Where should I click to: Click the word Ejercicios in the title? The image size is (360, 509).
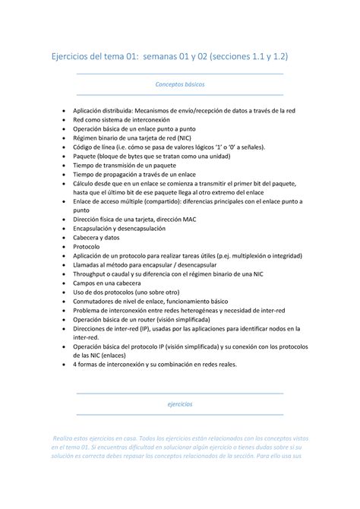(x=73, y=58)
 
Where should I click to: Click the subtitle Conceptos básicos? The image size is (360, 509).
(x=180, y=84)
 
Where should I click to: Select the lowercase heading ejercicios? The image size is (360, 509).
(x=180, y=404)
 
